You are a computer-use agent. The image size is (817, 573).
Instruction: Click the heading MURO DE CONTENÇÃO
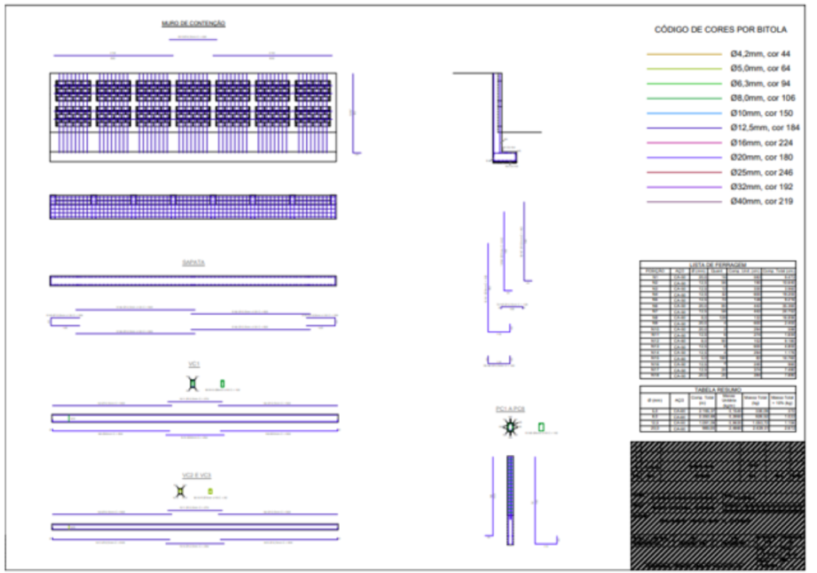[193, 24]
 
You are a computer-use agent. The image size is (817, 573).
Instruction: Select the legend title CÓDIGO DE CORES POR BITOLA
[720, 30]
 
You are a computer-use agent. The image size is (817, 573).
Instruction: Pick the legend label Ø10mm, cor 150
[760, 113]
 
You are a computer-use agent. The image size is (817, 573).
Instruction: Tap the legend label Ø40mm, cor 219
[761, 201]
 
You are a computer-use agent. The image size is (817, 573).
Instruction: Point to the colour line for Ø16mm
[684, 143]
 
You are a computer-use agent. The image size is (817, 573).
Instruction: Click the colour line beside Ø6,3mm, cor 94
[684, 84]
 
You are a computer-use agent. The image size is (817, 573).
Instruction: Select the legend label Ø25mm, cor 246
[761, 172]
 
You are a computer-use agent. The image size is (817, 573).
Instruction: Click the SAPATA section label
[193, 262]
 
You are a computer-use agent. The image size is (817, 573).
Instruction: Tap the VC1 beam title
[193, 364]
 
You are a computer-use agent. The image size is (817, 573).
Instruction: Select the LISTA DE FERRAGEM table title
[717, 264]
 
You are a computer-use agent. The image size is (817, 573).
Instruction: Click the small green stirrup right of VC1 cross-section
[223, 383]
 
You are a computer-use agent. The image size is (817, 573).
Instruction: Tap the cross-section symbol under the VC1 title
[192, 383]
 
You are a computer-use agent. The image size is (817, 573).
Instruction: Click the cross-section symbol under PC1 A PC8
[508, 429]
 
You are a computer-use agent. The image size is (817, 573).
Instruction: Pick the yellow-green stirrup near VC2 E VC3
[210, 492]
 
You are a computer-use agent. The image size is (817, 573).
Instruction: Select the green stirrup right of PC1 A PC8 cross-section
[541, 427]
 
